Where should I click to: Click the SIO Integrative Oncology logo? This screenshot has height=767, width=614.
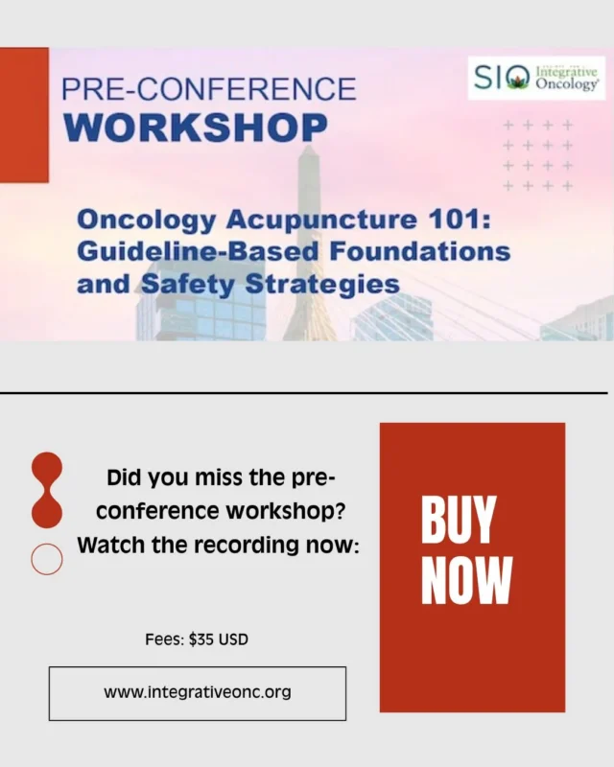tap(537, 78)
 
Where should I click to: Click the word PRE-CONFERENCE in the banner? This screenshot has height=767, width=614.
tap(208, 90)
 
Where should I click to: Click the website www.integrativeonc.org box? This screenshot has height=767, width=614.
tap(198, 692)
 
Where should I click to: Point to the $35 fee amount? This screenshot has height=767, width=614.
tap(201, 639)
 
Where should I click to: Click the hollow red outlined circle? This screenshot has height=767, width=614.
tap(46, 559)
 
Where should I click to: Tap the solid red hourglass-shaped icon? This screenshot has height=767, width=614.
tap(46, 490)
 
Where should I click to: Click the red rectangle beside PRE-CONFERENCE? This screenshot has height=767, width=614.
tap(24, 115)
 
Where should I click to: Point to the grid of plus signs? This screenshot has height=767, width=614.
tap(537, 155)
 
